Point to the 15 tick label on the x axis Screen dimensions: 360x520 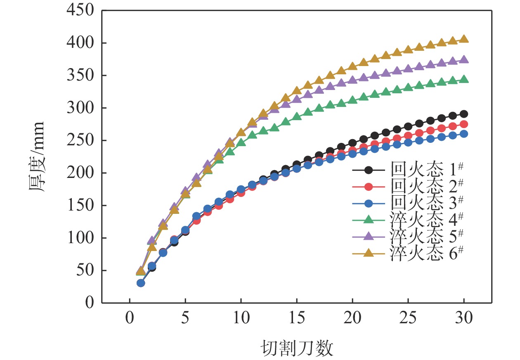pyautogui.click(x=297, y=319)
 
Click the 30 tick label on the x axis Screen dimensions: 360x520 pyautogui.click(x=464, y=319)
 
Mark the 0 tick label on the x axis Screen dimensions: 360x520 pyautogui.click(x=130, y=319)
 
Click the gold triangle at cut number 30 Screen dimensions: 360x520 pyautogui.click(x=464, y=39)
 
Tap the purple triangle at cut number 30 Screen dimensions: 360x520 pyautogui.click(x=464, y=60)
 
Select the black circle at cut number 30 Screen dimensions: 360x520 pyautogui.click(x=464, y=114)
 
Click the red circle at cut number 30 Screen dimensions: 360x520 pyautogui.click(x=464, y=124)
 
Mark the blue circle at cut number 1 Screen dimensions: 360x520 pyautogui.click(x=141, y=283)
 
